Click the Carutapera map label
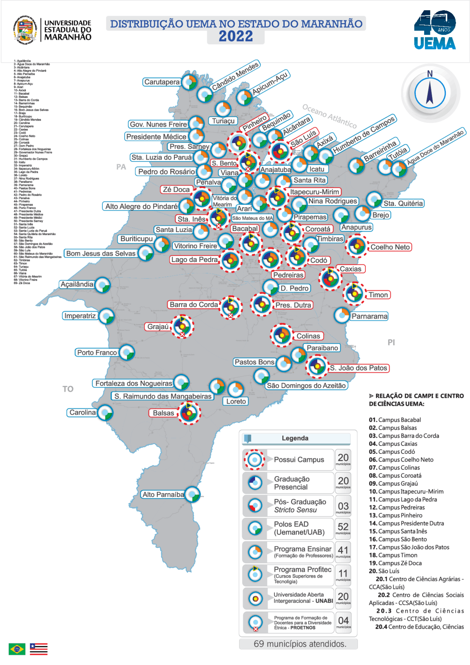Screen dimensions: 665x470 (162, 82)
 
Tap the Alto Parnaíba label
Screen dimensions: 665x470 (163, 495)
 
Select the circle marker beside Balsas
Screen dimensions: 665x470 (189, 413)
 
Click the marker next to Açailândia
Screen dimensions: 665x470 (102, 285)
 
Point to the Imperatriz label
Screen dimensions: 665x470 (80, 316)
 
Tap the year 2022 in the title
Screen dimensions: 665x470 (236, 37)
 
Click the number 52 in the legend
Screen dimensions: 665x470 (343, 527)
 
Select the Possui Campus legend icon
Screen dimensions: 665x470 (254, 459)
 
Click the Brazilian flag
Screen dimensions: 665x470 (17, 649)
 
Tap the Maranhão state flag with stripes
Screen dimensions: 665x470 (39, 649)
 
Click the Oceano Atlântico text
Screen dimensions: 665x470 (329, 116)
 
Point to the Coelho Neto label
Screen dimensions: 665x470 (390, 247)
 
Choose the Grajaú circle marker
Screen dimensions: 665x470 (182, 326)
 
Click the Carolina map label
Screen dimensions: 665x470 (83, 412)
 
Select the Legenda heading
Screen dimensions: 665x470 (295, 438)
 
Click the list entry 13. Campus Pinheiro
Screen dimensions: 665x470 (395, 515)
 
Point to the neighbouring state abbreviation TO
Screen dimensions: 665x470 (68, 389)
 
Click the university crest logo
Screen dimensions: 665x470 (25, 30)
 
